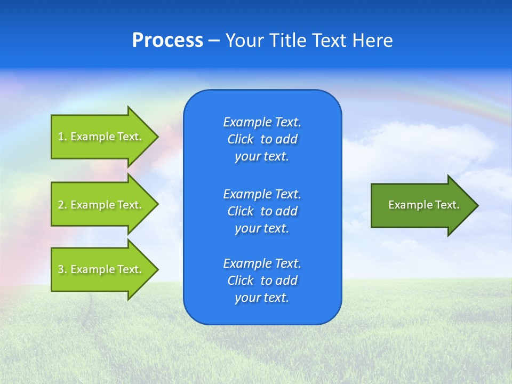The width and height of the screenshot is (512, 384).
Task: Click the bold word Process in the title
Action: [167, 41]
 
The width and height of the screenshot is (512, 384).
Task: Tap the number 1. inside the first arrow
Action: [62, 137]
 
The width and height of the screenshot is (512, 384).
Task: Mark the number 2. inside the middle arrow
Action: [62, 205]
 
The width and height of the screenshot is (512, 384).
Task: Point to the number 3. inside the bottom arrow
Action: [62, 269]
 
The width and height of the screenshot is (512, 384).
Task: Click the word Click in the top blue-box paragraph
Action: [240, 140]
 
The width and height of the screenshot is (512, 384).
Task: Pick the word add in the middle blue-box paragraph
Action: [287, 211]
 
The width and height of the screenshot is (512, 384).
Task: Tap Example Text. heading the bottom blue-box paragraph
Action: [262, 263]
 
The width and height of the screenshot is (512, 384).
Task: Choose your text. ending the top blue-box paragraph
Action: [262, 157]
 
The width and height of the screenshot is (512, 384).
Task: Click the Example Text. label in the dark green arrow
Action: [423, 205]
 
